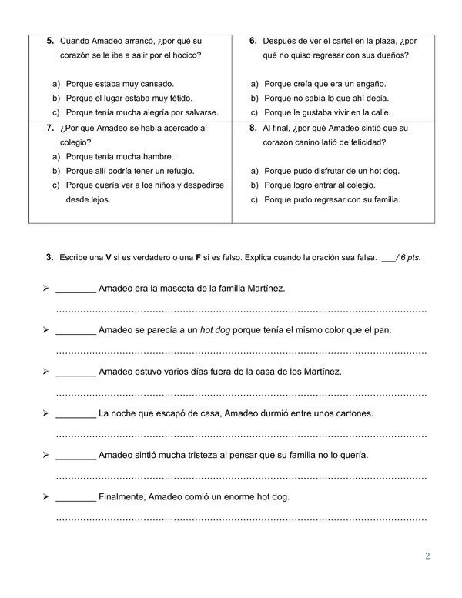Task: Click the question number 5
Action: point(49,40)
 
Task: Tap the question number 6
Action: point(253,40)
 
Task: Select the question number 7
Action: point(49,128)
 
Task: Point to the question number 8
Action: point(253,128)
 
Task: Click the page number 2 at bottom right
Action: point(427,577)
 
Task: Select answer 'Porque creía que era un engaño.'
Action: point(324,83)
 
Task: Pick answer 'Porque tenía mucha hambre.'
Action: point(119,156)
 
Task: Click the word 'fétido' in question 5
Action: point(180,98)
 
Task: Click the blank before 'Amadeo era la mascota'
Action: point(76,289)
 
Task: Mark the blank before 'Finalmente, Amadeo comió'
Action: point(76,497)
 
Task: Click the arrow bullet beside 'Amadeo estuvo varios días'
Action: point(46,372)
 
